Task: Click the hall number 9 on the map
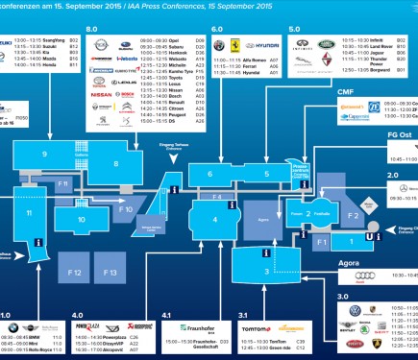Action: coord(45,154)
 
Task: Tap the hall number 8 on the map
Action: coord(115,164)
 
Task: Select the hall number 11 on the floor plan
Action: coord(30,213)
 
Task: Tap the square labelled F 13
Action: coord(111,274)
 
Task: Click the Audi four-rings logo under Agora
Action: coord(362,276)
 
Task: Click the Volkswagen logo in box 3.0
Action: coord(355,311)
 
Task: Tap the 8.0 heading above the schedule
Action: coord(93,31)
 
